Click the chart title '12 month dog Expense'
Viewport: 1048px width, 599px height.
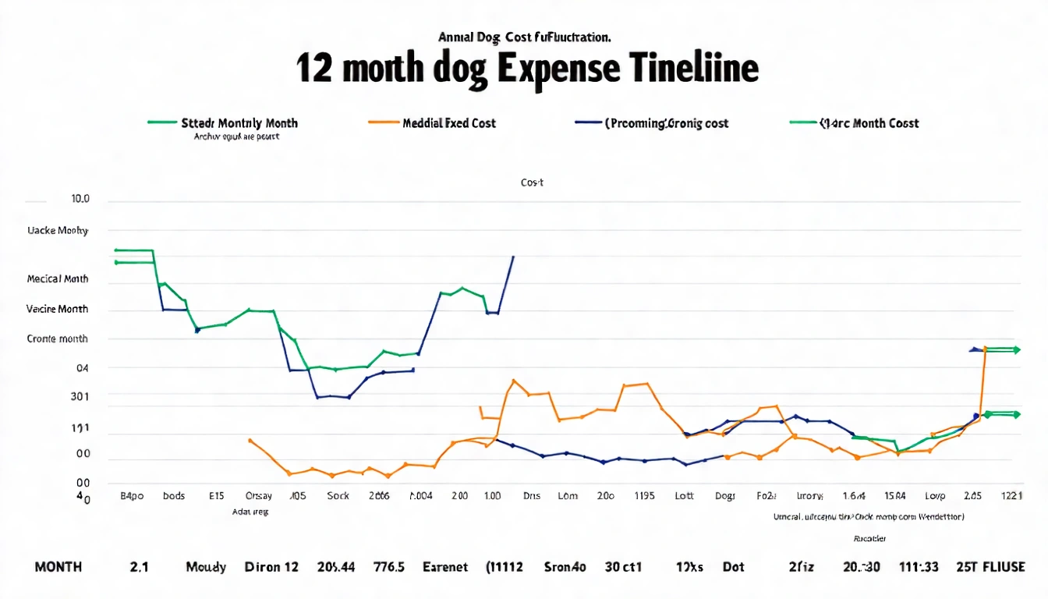527,69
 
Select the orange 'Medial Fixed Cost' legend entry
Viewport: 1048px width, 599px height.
449,123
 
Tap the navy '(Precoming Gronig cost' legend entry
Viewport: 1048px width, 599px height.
666,123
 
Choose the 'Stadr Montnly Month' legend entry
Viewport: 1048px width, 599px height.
239,123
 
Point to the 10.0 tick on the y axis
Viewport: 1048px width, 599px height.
80,199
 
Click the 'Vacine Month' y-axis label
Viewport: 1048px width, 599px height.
57,309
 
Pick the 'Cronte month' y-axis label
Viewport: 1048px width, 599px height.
57,339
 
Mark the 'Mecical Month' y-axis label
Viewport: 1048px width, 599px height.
57,278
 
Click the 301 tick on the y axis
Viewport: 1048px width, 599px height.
80,396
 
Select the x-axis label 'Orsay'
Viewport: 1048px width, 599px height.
259,496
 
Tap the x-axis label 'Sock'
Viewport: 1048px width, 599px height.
338,496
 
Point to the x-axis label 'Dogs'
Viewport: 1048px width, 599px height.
724,496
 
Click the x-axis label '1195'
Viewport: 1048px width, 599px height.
645,496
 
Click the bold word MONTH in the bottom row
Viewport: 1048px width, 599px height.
58,567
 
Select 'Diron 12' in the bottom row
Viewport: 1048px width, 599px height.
271,567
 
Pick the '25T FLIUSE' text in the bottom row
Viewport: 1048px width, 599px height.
990,567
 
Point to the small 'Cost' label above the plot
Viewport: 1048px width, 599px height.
532,183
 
